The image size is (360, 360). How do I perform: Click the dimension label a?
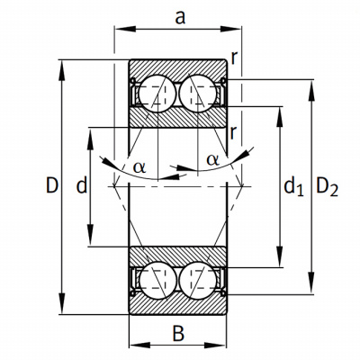point(180,18)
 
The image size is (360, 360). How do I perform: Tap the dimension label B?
point(178,333)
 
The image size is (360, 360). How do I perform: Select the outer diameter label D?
point(51,185)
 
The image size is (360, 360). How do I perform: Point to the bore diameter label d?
point(82,185)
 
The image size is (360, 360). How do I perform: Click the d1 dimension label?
point(293,186)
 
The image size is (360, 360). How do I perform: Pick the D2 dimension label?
point(327,187)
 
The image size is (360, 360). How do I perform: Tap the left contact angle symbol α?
point(139,167)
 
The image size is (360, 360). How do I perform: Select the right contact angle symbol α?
point(212,160)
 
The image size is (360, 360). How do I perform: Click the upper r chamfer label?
point(234,58)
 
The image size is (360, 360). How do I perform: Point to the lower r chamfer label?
point(233,132)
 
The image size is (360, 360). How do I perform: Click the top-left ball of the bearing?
point(157,94)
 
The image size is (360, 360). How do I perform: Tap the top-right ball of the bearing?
point(198,94)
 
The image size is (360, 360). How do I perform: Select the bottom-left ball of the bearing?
point(157,281)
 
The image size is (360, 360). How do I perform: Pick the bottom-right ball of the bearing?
point(198,281)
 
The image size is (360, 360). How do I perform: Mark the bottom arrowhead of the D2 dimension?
point(311,283)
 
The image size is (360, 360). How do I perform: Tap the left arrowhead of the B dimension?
point(139,345)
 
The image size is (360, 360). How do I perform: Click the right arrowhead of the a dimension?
point(230,29)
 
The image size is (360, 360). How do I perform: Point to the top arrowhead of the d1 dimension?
point(280,117)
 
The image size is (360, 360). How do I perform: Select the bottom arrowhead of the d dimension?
point(90,236)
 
